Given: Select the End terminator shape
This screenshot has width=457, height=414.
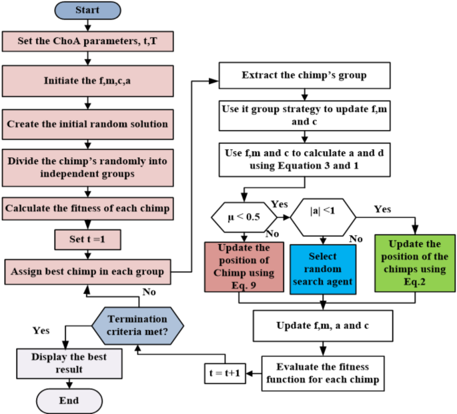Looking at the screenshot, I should pyautogui.click(x=69, y=401).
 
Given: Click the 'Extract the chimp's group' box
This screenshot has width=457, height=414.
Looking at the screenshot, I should pyautogui.click(x=304, y=75).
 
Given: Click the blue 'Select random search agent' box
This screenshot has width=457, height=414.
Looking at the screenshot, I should pyautogui.click(x=322, y=268).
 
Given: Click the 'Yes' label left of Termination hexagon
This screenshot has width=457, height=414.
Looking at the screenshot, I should pyautogui.click(x=41, y=329).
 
